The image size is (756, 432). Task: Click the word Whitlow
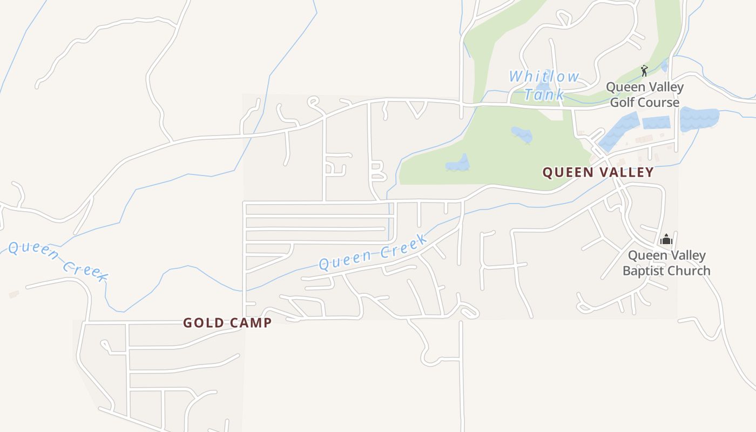click(x=544, y=77)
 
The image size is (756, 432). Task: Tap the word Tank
click(x=544, y=94)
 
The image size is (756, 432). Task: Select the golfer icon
click(x=644, y=71)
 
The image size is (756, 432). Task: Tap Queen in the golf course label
click(x=625, y=87)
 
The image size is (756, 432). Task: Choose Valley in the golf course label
click(x=666, y=87)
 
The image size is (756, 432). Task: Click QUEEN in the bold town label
click(x=568, y=172)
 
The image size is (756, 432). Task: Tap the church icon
click(x=666, y=239)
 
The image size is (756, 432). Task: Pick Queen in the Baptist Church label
click(x=647, y=255)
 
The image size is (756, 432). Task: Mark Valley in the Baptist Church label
click(x=687, y=255)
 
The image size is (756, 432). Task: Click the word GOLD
click(x=202, y=323)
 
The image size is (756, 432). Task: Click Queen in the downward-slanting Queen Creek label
click(x=34, y=252)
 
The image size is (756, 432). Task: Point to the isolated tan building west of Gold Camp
click(x=13, y=294)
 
